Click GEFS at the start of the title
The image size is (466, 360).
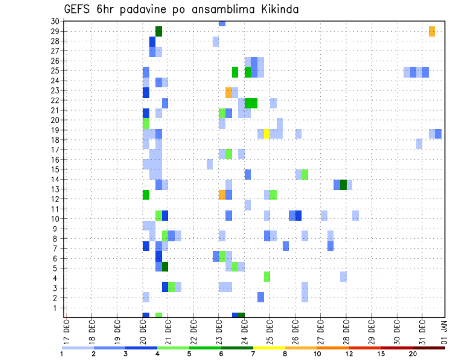tap(79, 9)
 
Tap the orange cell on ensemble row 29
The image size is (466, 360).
tap(432, 32)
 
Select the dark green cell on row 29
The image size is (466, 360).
tap(158, 32)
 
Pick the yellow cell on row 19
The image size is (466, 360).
tap(267, 133)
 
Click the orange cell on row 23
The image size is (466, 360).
tap(229, 92)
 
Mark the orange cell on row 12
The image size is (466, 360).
tap(222, 195)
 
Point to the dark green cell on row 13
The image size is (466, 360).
tap(343, 184)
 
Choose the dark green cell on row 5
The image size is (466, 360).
tap(165, 266)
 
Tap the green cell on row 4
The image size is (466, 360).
tap(267, 277)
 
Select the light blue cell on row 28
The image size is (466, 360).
tap(216, 42)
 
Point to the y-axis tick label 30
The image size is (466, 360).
tap(55, 21)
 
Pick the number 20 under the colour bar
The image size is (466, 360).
tap(413, 354)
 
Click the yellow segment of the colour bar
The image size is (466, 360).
tap(269, 348)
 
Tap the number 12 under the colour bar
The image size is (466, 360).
tap(349, 354)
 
